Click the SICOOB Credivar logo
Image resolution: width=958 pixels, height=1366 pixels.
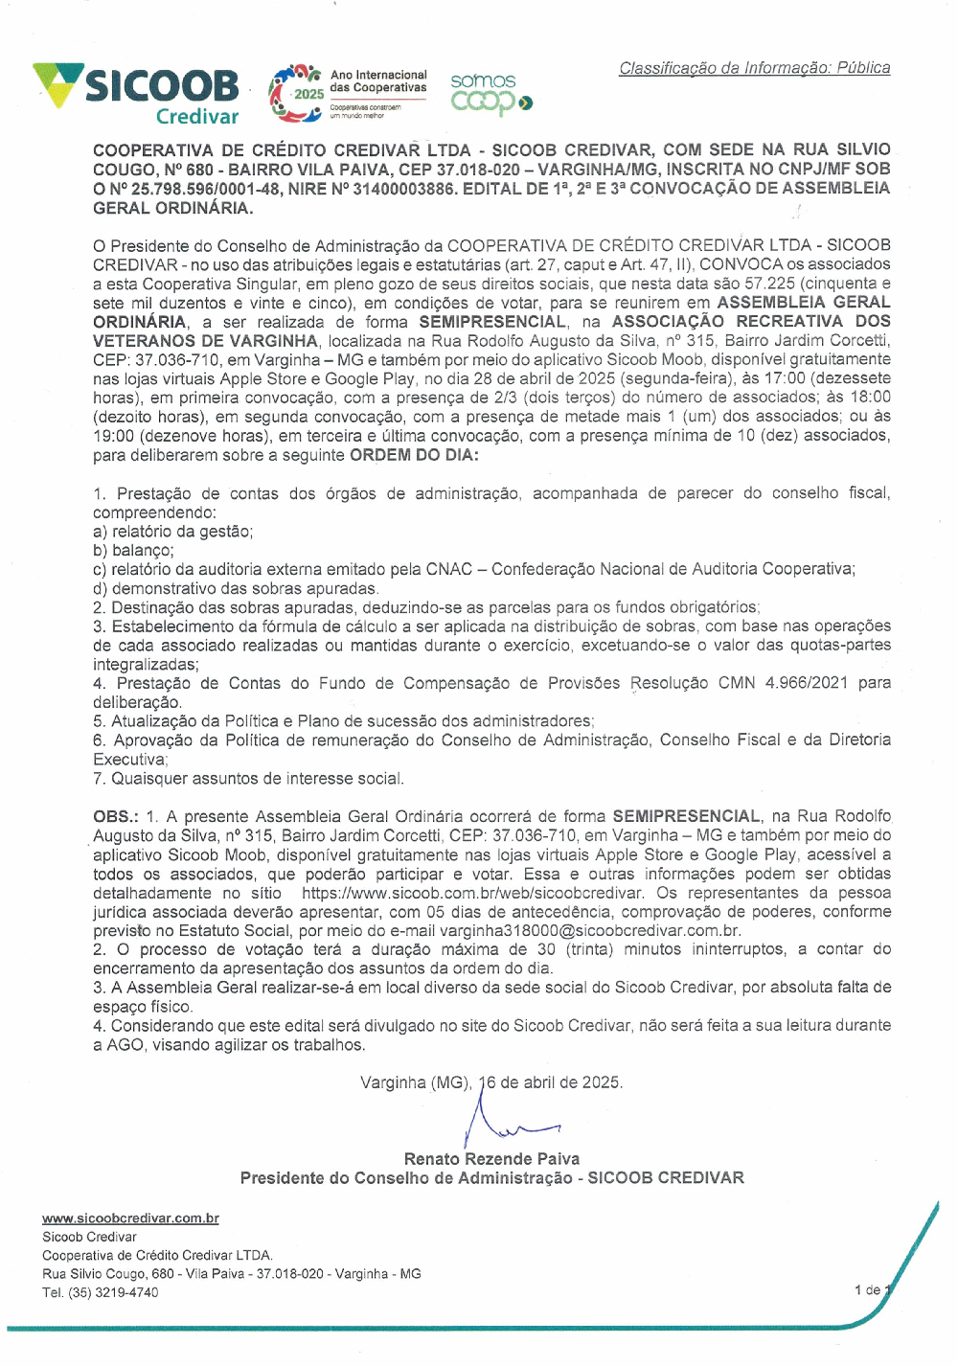click(x=137, y=92)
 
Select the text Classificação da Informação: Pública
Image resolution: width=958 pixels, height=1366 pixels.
click(x=754, y=68)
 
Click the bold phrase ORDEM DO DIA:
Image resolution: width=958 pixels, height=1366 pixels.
click(x=414, y=455)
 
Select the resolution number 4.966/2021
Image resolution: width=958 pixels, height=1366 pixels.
click(x=806, y=683)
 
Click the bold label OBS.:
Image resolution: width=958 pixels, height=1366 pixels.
click(x=116, y=816)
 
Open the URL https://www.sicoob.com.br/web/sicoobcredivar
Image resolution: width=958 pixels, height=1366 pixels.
click(x=472, y=893)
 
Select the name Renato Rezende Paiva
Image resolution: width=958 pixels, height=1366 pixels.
click(x=491, y=1159)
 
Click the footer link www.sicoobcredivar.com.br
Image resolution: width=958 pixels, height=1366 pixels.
click(x=130, y=1218)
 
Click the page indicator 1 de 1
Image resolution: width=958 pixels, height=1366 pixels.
click(x=872, y=1289)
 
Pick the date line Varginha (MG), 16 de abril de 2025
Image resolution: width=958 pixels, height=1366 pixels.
click(x=491, y=1082)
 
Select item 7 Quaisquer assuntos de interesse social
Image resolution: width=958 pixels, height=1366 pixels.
click(x=248, y=779)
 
